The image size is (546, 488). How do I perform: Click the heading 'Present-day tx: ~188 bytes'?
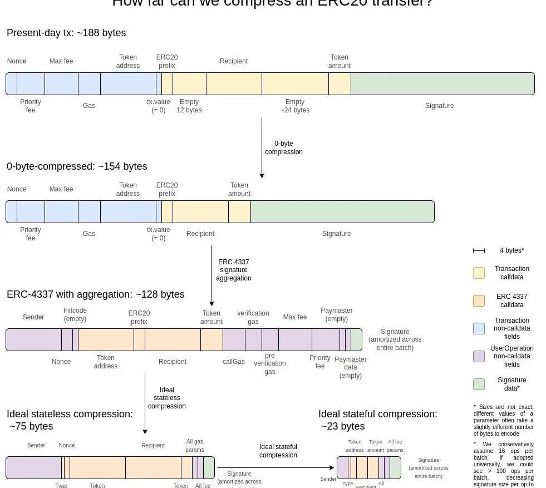click(66, 33)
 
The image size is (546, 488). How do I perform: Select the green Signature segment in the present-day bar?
click(442, 83)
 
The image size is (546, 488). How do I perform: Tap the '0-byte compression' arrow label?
click(284, 147)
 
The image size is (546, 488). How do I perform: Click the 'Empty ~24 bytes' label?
click(295, 106)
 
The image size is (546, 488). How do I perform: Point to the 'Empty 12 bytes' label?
click(189, 106)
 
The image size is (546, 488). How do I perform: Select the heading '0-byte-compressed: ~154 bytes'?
click(77, 166)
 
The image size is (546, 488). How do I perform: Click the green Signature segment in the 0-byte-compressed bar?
click(342, 211)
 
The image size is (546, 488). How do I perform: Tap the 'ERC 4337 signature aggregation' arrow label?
click(234, 270)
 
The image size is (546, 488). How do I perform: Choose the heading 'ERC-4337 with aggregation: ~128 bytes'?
click(96, 294)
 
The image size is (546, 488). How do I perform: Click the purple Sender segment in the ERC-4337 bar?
click(33, 339)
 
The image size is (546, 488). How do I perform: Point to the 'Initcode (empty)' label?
click(75, 314)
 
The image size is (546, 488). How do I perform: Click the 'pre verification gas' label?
click(270, 363)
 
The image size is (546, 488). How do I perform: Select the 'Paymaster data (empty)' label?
click(351, 367)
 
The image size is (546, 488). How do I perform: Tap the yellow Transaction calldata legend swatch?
click(479, 273)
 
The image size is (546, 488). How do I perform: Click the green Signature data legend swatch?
click(479, 384)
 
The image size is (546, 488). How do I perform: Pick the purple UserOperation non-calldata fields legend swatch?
click(479, 356)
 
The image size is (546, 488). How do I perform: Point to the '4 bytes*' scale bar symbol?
click(479, 250)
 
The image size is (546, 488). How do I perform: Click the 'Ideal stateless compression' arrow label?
click(167, 398)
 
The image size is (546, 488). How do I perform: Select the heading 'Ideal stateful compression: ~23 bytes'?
click(377, 420)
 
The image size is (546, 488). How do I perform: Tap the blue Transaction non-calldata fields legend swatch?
click(479, 328)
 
